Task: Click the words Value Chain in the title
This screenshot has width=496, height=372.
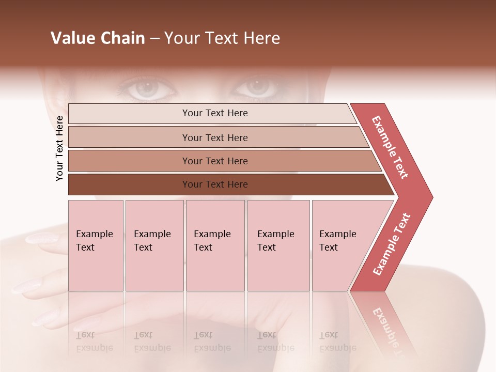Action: (98, 38)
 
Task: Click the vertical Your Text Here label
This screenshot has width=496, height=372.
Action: (59, 148)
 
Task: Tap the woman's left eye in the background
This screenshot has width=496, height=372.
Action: (257, 87)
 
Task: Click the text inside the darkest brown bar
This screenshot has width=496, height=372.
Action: (215, 184)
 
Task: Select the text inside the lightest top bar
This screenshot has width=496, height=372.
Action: (215, 113)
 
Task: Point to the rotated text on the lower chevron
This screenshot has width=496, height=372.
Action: (392, 244)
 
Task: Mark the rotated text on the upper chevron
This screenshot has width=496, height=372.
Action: (390, 147)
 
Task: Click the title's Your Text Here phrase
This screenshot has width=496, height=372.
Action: (222, 38)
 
